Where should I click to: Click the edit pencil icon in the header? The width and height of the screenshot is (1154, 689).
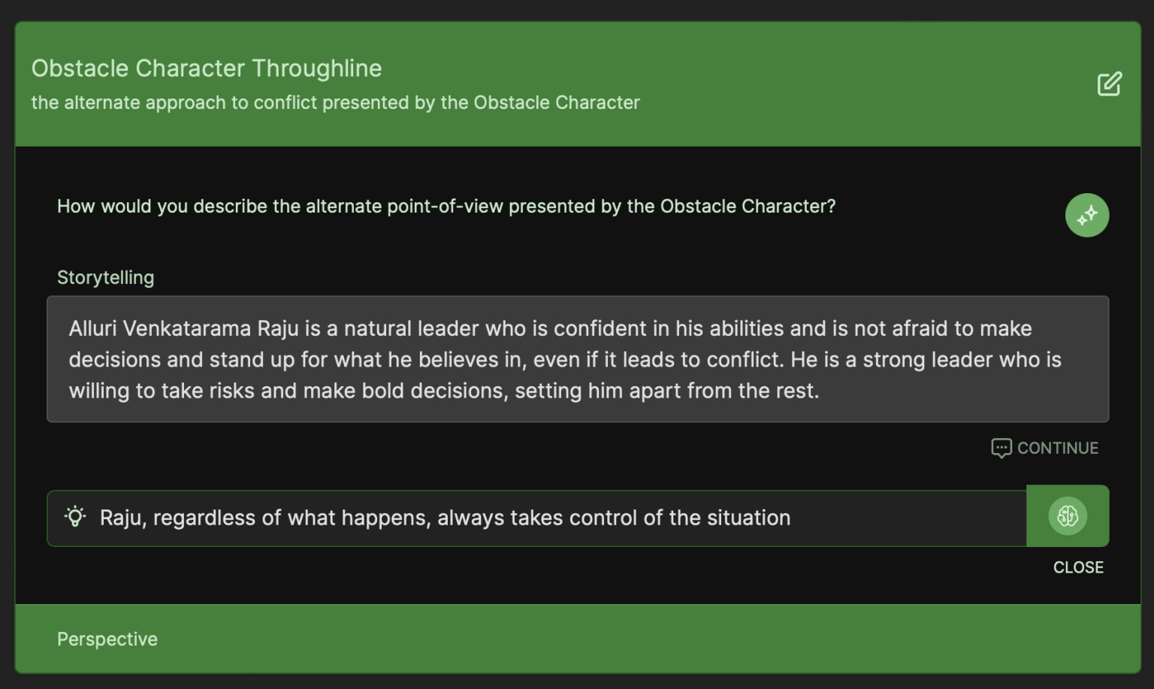click(x=1109, y=83)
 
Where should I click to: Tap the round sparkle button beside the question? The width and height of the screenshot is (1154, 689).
click(x=1087, y=215)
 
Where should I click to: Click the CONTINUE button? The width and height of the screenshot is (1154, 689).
click(x=1045, y=449)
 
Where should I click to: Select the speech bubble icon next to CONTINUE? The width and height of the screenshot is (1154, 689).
click(x=1001, y=449)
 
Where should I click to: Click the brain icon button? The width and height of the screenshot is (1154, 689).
click(x=1068, y=516)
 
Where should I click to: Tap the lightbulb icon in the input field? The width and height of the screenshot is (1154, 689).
click(x=75, y=516)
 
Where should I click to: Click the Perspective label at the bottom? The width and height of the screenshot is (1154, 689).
click(x=107, y=639)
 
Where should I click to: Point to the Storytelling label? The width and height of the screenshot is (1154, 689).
click(x=106, y=278)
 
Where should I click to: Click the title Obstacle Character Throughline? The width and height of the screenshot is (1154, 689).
click(x=207, y=68)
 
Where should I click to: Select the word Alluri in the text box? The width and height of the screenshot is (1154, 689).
click(x=92, y=328)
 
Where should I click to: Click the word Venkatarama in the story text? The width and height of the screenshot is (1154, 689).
click(x=187, y=328)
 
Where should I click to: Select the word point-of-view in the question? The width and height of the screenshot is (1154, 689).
click(x=445, y=206)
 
